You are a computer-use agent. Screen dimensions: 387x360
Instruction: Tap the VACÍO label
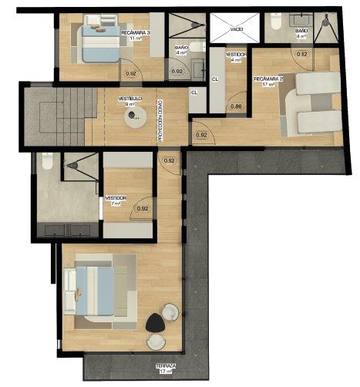(237, 30)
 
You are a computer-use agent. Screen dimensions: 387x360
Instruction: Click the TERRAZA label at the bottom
(165, 368)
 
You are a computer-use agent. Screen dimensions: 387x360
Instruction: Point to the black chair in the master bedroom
(154, 322)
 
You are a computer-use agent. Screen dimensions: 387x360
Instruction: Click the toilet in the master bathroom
(47, 165)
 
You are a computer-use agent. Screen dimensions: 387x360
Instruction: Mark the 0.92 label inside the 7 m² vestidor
(142, 208)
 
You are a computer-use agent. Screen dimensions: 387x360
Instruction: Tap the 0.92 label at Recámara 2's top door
(302, 54)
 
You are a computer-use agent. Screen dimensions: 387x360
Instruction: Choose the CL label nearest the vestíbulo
(194, 93)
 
